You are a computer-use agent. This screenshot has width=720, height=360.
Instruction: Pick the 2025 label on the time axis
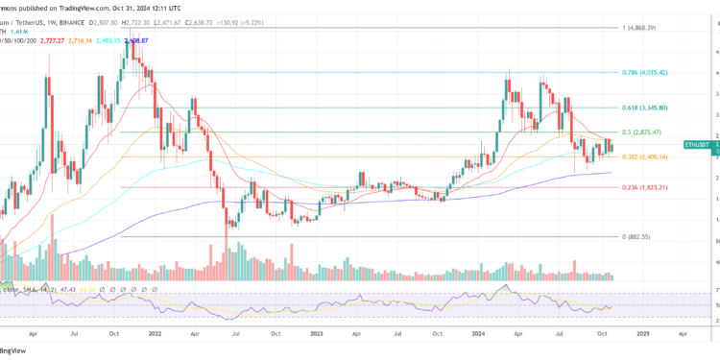[642, 337]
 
